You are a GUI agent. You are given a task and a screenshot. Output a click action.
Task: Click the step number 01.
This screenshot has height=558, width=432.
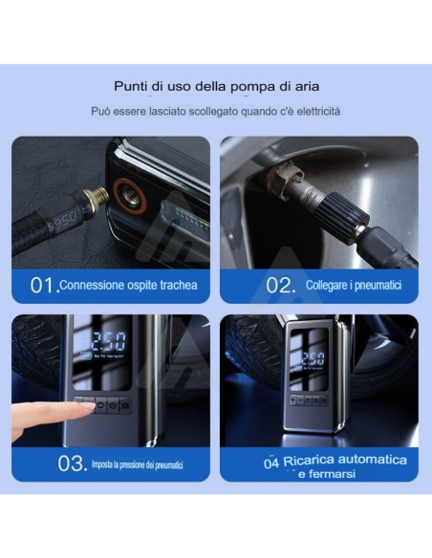pos(43,286)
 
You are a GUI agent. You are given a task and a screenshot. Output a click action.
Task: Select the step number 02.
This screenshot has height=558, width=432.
pos(279,286)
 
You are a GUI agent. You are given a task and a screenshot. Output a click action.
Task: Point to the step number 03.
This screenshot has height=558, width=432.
pos(72,465)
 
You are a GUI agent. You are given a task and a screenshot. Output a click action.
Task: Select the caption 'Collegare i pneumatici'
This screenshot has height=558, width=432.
pos(353,286)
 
